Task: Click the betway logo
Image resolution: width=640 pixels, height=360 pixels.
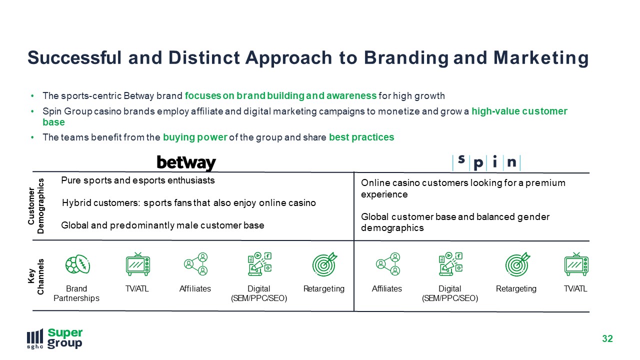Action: pyautogui.click(x=186, y=163)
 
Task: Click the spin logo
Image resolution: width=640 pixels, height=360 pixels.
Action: pyautogui.click(x=486, y=163)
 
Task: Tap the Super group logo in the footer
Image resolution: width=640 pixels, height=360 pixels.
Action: pyautogui.click(x=55, y=338)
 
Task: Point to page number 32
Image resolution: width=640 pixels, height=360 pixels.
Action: pyautogui.click(x=607, y=338)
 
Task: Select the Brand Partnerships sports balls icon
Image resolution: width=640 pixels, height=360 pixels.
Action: pyautogui.click(x=77, y=264)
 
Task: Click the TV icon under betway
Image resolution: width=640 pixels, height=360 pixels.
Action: pyautogui.click(x=138, y=264)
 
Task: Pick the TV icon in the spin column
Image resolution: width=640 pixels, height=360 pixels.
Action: pyautogui.click(x=576, y=264)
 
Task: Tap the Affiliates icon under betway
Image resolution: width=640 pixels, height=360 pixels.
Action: pyautogui.click(x=195, y=264)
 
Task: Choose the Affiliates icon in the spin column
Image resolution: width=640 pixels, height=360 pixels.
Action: pyautogui.click(x=387, y=264)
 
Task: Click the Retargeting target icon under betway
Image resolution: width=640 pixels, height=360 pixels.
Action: pyautogui.click(x=324, y=264)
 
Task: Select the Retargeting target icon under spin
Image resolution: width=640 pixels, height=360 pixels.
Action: pyautogui.click(x=517, y=264)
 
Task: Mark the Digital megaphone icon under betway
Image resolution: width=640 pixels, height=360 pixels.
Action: pyautogui.click(x=259, y=264)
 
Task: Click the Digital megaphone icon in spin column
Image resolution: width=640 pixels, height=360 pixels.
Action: pyautogui.click(x=450, y=264)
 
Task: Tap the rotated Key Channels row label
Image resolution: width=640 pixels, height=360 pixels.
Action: pyautogui.click(x=36, y=276)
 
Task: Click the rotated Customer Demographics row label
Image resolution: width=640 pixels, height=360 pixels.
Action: pyautogui.click(x=36, y=206)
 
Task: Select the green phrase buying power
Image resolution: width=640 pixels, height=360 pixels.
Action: pyautogui.click(x=195, y=137)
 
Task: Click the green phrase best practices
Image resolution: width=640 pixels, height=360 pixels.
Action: pyautogui.click(x=361, y=137)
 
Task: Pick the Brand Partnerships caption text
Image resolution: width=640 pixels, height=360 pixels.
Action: pyautogui.click(x=76, y=293)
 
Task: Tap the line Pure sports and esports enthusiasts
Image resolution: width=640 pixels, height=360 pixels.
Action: pyautogui.click(x=138, y=180)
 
